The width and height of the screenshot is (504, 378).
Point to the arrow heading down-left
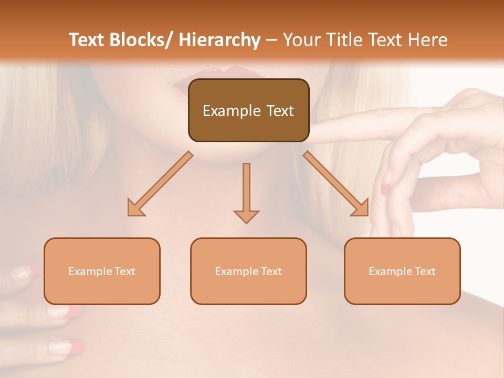pyautogui.click(x=160, y=184)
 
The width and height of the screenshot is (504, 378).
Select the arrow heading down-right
pyautogui.click(x=336, y=184)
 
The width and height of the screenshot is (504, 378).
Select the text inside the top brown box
pyautogui.click(x=248, y=111)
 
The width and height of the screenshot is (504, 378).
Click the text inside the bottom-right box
pyautogui.click(x=402, y=271)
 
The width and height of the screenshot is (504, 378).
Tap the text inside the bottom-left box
pyautogui.click(x=102, y=271)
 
